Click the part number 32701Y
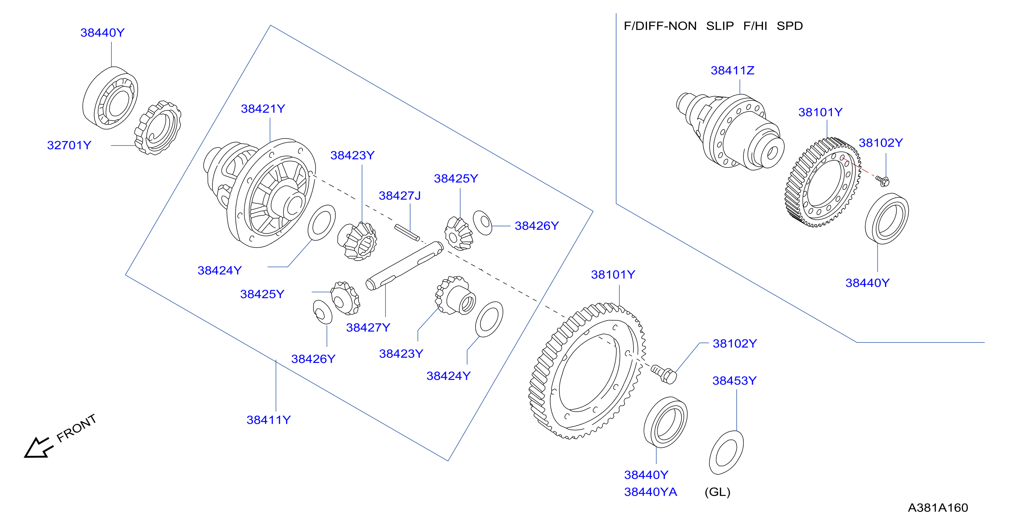point(69,145)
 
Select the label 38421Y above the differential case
point(263,109)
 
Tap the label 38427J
point(399,196)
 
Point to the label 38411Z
point(732,70)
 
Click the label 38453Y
point(734,381)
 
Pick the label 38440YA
point(651,492)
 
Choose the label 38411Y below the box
point(268,420)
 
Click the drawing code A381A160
point(938,508)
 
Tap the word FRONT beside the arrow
point(76,428)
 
